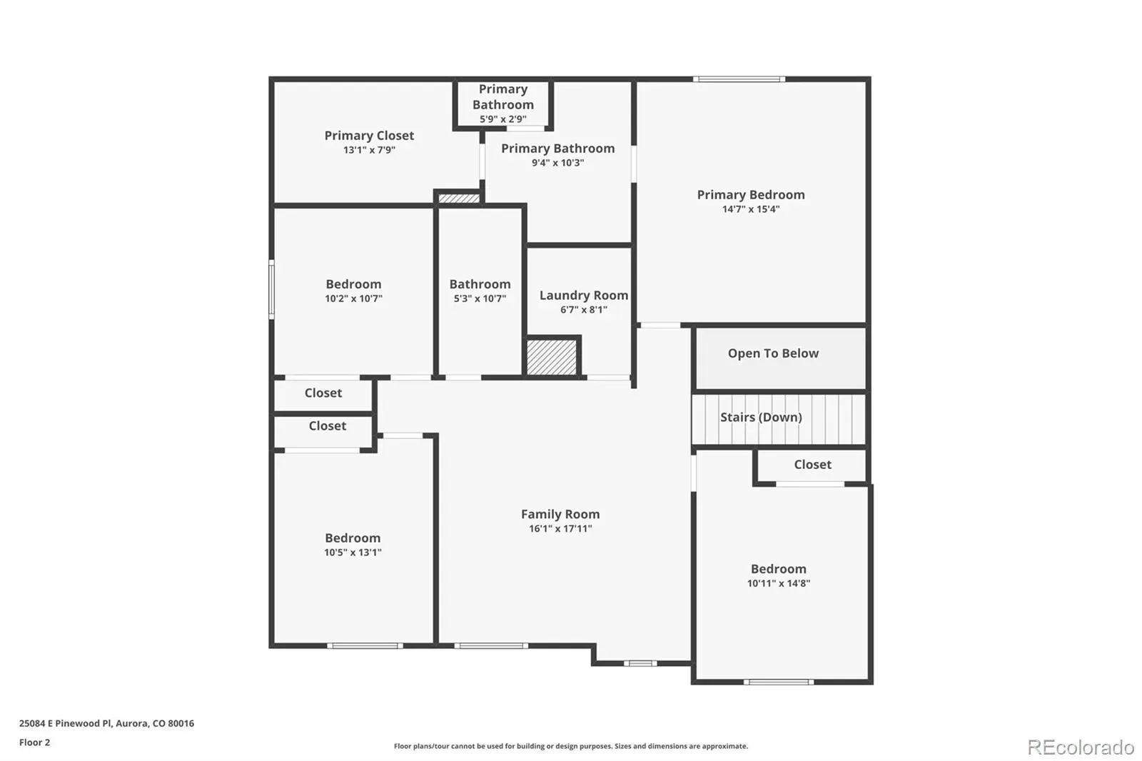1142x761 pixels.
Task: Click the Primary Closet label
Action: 369,136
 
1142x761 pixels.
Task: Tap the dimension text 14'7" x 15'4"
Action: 750,209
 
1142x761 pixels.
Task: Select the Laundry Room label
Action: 584,296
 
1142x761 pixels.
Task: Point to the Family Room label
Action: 560,514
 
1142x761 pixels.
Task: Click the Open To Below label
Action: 773,353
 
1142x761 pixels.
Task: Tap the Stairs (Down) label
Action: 761,417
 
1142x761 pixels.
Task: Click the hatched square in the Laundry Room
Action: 552,357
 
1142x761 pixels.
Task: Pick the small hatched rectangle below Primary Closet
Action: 459,198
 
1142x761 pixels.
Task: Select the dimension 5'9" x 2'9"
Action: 502,119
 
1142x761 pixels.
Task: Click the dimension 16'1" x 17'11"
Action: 560,529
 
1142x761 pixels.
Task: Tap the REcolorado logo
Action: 1081,747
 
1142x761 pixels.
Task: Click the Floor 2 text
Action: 35,742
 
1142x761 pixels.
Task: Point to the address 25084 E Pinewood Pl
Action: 65,723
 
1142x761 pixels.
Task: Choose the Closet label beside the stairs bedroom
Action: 813,465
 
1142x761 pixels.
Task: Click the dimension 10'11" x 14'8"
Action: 779,583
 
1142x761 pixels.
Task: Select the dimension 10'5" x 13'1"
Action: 353,553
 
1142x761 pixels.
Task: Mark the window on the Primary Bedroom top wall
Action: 739,79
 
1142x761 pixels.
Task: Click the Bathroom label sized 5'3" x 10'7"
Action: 480,284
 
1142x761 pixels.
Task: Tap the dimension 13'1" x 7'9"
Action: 369,150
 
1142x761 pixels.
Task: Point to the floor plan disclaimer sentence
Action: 570,746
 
